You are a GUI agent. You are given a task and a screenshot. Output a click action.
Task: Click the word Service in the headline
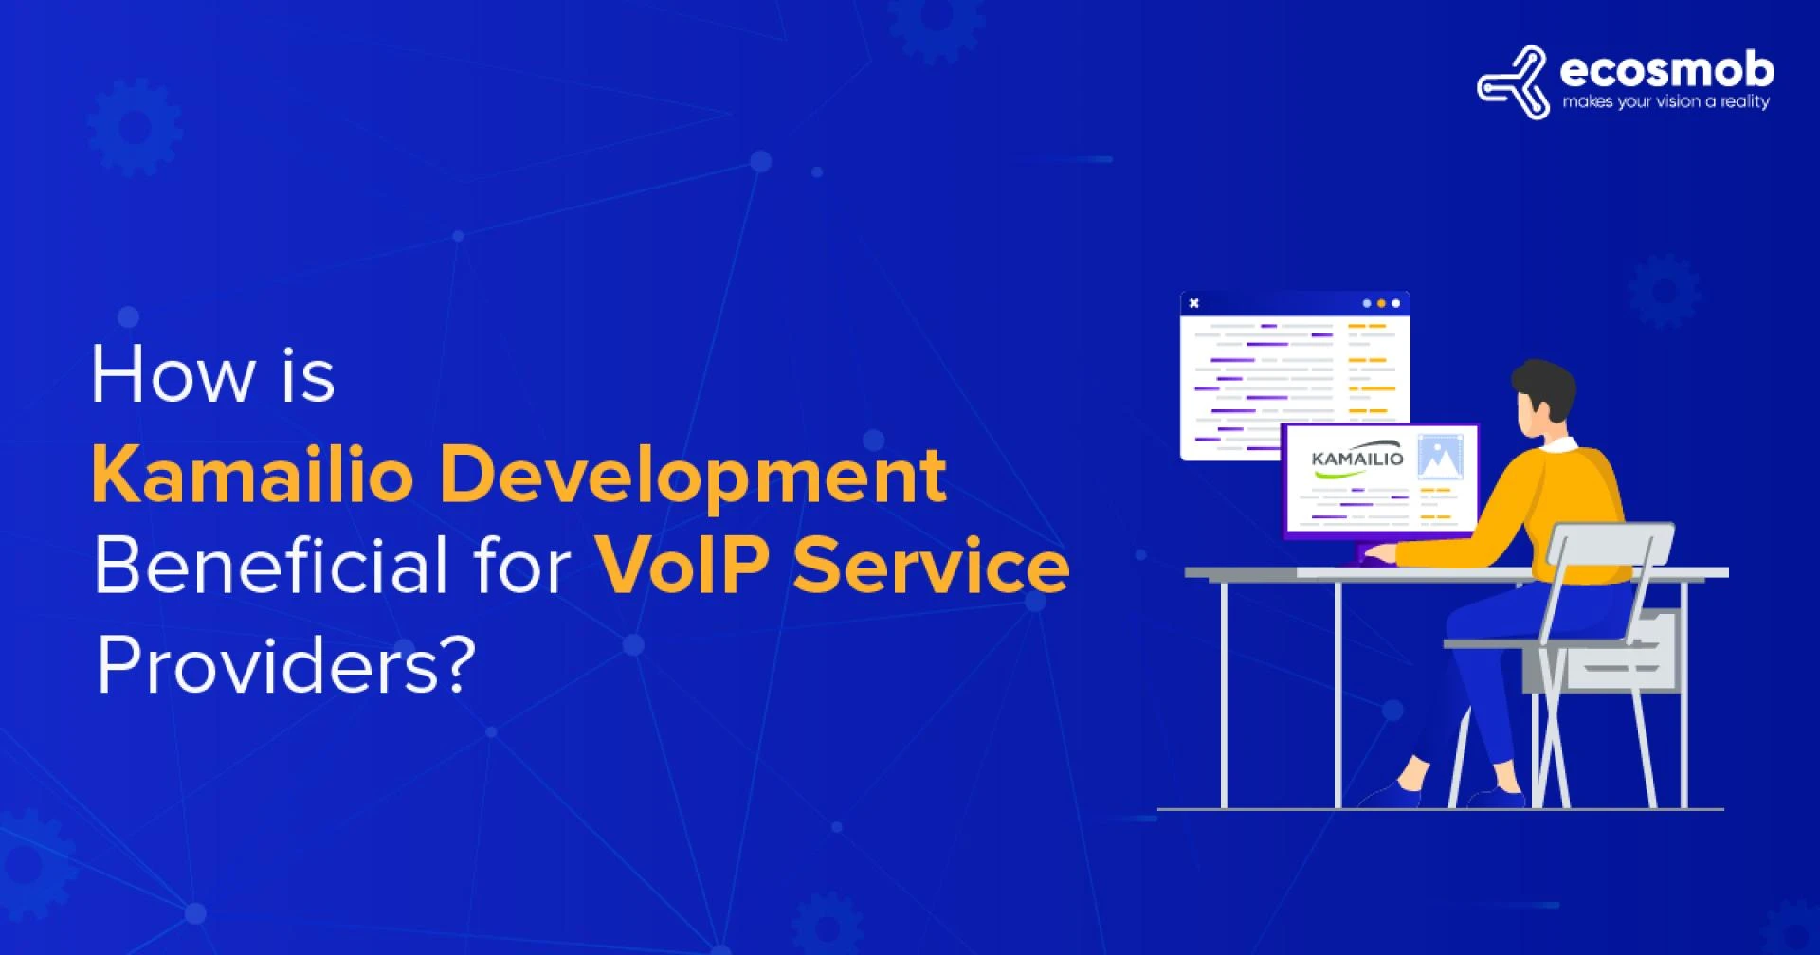931,567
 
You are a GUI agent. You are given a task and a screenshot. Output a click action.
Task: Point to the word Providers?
284,666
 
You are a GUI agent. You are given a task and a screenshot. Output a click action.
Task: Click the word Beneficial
270,567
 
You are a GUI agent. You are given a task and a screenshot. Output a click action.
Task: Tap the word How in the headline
173,375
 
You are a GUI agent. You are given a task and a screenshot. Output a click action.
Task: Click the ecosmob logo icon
1513,83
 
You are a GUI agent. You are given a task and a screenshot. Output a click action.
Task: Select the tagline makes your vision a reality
1665,102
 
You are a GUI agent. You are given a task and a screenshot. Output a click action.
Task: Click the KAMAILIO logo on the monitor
1356,459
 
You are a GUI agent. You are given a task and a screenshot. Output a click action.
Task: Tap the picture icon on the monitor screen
1440,457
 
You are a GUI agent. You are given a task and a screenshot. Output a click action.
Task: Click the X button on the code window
1194,303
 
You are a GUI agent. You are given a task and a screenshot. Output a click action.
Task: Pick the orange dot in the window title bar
1381,303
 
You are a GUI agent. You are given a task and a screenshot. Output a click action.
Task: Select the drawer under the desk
1621,654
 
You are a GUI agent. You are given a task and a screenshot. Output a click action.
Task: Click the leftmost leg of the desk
1224,692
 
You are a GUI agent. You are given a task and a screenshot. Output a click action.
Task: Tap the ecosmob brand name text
1665,70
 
